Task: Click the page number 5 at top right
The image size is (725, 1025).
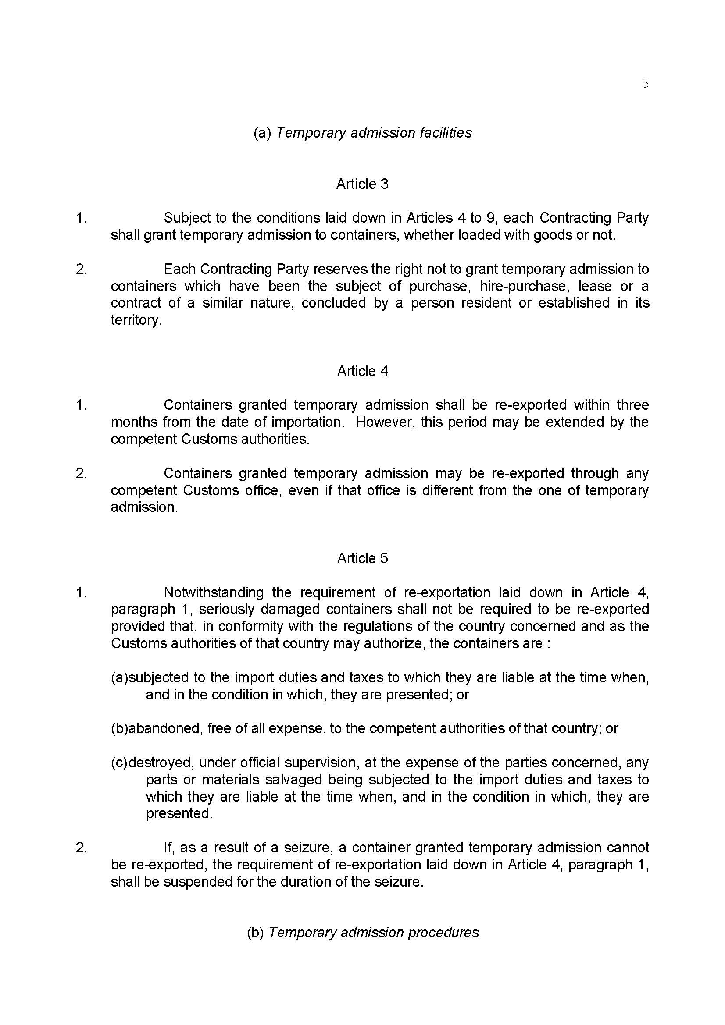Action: point(645,84)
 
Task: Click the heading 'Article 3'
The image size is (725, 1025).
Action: point(362,184)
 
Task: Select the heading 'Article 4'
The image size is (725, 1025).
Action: point(362,371)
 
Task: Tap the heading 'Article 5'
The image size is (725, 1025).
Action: point(362,558)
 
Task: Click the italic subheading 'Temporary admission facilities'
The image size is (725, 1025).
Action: point(373,133)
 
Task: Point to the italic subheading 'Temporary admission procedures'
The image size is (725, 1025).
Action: point(373,933)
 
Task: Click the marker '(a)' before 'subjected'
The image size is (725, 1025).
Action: point(119,677)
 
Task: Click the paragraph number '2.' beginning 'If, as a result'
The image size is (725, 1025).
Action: point(81,848)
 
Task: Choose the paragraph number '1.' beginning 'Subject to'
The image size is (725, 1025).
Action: point(81,218)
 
